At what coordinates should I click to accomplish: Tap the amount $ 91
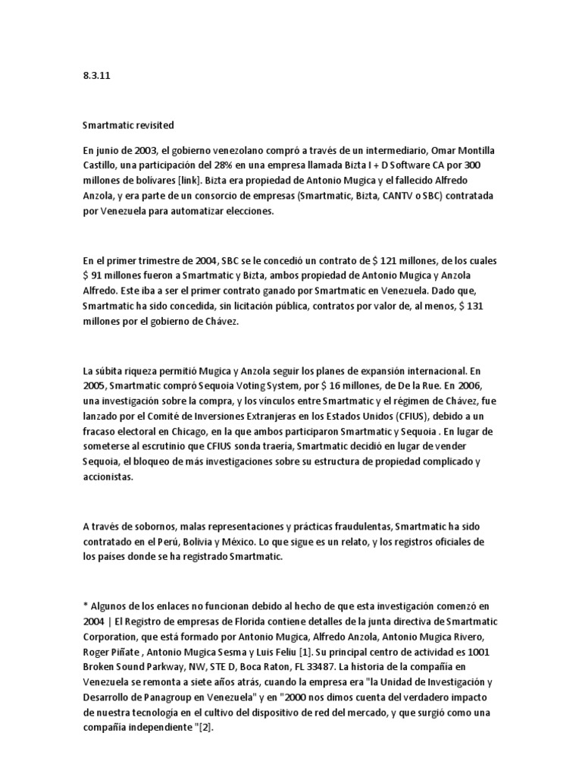tap(96, 275)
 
